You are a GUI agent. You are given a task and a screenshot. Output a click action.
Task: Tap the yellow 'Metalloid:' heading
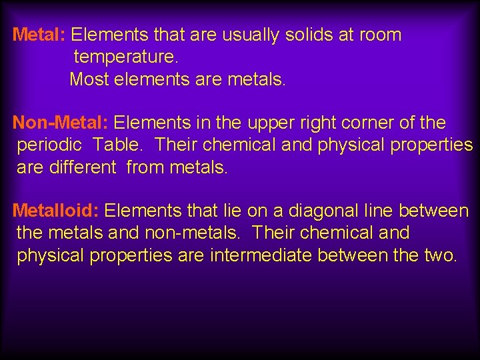[x=56, y=211]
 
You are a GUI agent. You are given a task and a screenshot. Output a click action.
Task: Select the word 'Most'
[x=89, y=79]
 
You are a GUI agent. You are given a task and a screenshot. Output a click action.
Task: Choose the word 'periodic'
[x=49, y=145]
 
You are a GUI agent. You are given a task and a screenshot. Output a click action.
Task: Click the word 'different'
[x=83, y=167]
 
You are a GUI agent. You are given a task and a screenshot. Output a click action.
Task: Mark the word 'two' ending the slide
[x=441, y=255]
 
